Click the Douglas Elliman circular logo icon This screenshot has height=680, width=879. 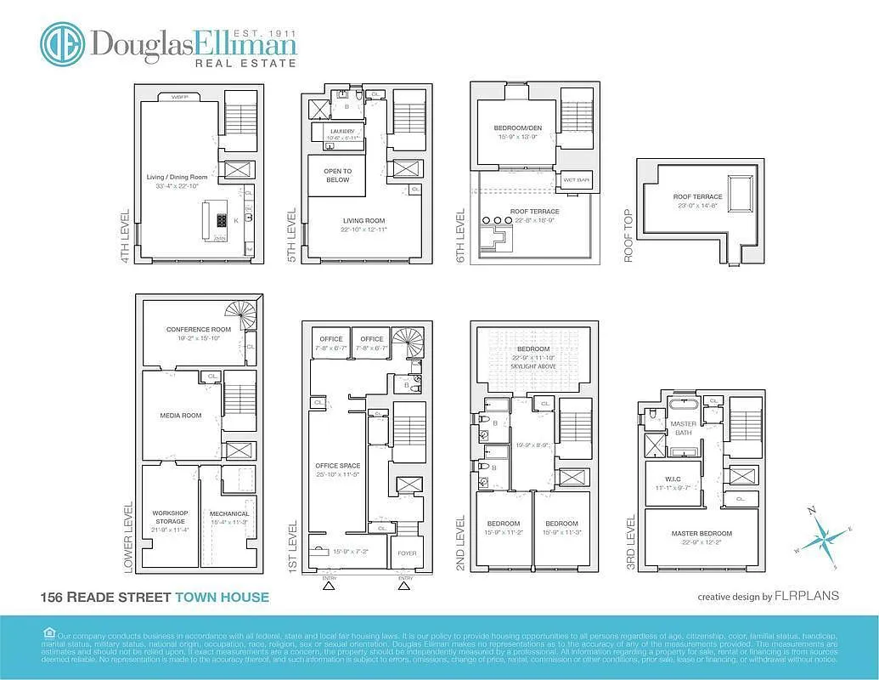[62, 43]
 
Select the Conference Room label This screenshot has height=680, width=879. [199, 330]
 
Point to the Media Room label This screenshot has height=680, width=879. [180, 416]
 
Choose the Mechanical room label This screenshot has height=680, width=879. [229, 513]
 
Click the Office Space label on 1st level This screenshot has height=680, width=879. [338, 466]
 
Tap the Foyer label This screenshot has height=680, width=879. [407, 553]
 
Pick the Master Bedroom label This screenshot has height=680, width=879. [701, 534]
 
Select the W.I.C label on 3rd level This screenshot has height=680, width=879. [671, 479]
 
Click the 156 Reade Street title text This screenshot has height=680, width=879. [105, 598]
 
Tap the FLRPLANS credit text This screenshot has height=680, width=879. [806, 596]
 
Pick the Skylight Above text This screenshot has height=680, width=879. [533, 365]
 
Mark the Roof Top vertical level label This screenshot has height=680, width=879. [629, 235]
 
